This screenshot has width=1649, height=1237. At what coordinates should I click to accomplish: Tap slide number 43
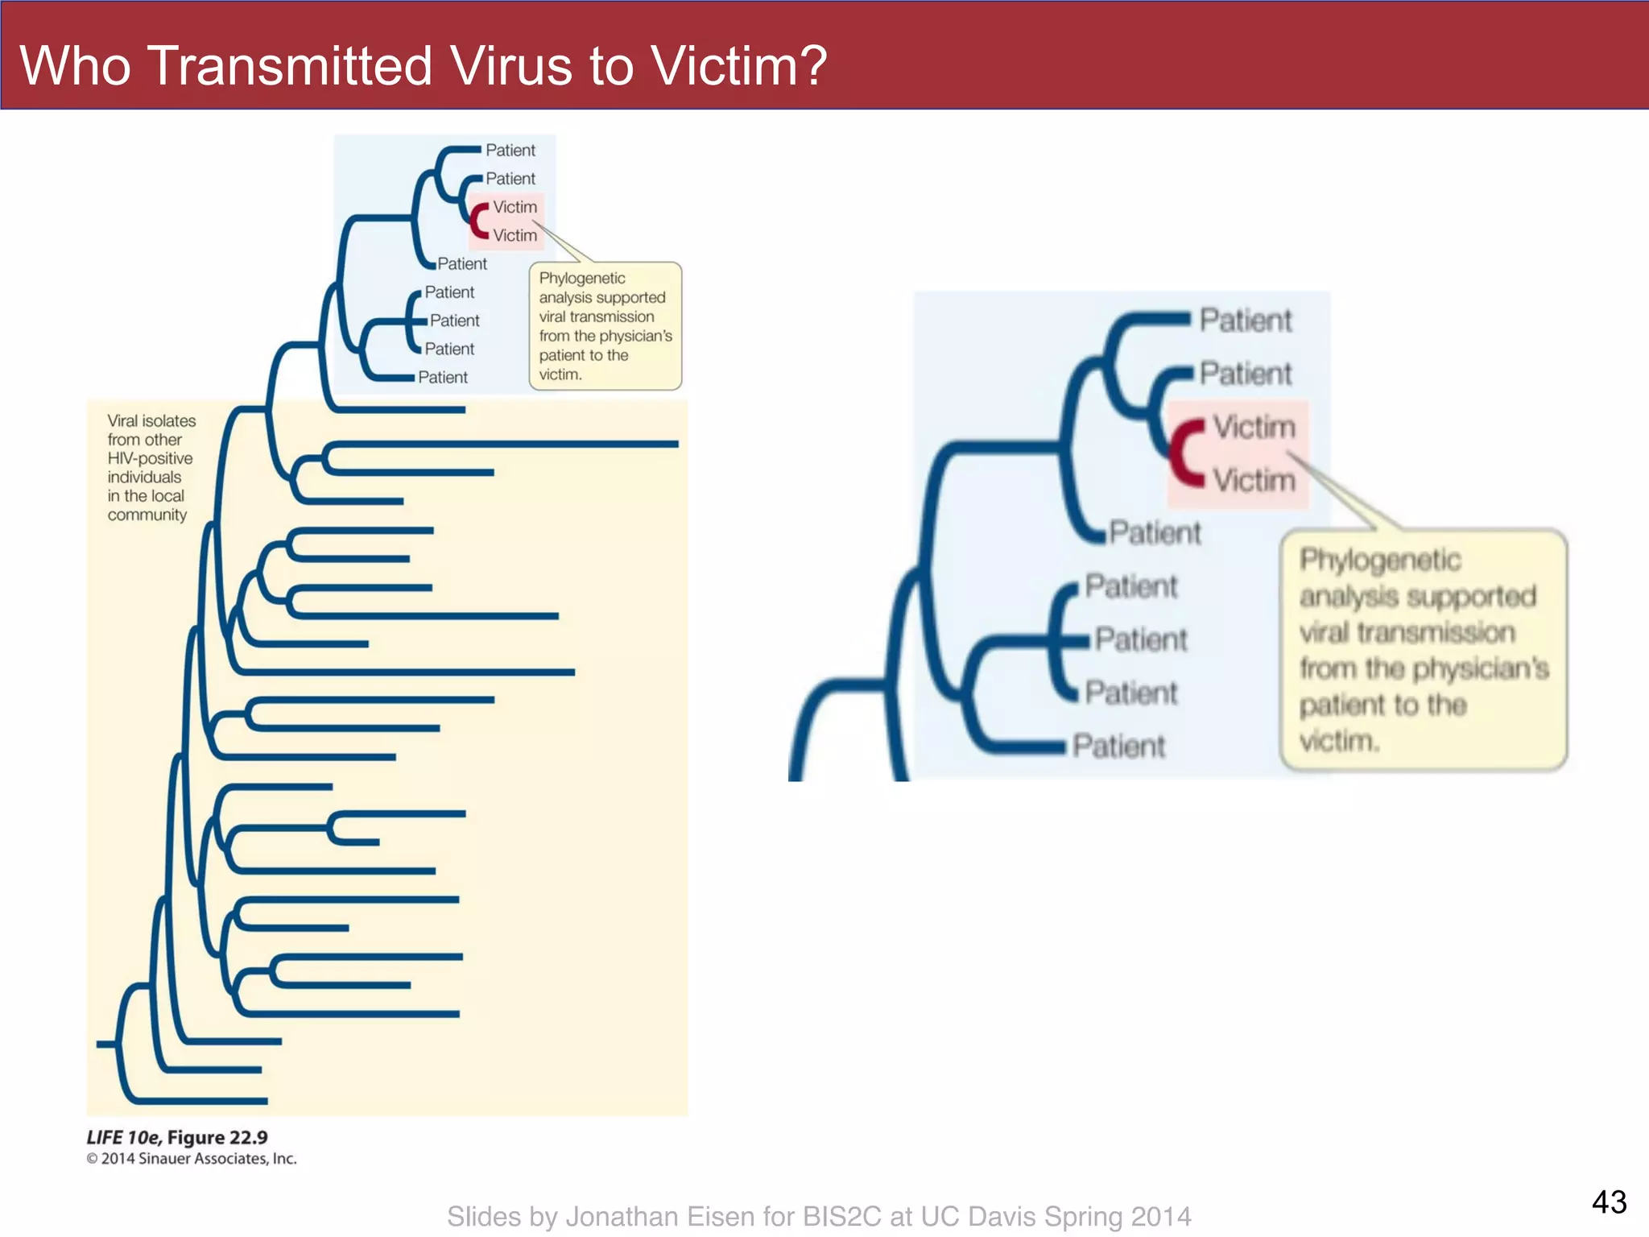coord(1609,1202)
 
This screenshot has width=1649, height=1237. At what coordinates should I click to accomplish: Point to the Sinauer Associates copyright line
coord(192,1159)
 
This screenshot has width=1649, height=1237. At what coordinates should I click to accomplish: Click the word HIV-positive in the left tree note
coord(150,458)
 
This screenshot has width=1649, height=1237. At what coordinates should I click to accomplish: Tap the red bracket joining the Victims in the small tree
coord(478,221)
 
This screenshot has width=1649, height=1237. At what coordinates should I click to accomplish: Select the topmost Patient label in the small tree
coord(510,151)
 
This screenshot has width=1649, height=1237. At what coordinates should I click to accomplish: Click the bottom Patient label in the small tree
coord(443,377)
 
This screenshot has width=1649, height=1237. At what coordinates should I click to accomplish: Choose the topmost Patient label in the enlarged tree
coord(1246,321)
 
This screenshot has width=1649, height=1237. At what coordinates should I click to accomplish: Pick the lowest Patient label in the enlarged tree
coord(1118,747)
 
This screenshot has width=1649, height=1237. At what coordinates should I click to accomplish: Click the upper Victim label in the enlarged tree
coord(1254,427)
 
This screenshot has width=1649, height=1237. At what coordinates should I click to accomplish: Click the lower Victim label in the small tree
coord(515,235)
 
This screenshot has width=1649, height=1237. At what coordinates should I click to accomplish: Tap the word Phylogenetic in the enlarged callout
coord(1380,560)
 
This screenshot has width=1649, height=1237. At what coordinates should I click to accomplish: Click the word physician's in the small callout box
coord(634,336)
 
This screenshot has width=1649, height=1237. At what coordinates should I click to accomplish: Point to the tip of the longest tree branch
coord(676,444)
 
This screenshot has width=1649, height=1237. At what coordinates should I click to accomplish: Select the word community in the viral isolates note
coord(147,515)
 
